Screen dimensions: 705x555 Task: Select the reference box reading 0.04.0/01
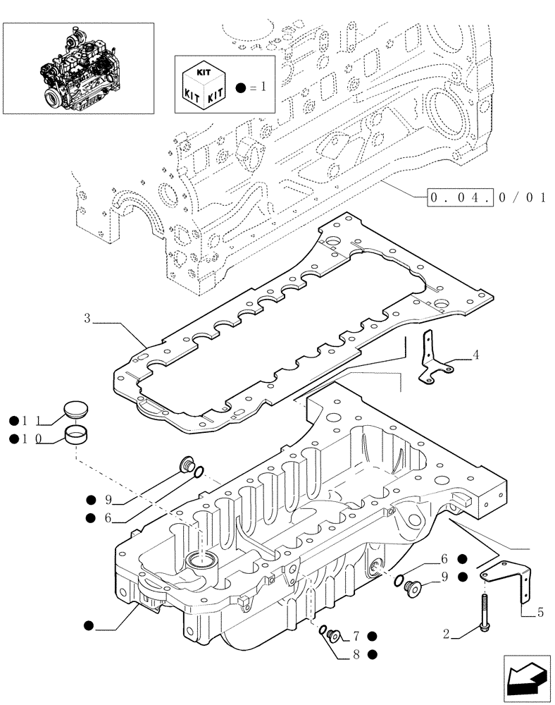[x=487, y=197]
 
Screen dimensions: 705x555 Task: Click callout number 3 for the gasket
[x=87, y=319]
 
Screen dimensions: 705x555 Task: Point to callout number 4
[x=476, y=355]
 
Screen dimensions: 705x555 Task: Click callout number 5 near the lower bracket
[x=540, y=613]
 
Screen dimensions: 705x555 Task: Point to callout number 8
[x=356, y=654]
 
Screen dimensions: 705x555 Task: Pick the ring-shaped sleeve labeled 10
[x=77, y=437]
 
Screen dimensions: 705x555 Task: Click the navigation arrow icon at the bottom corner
[x=526, y=677]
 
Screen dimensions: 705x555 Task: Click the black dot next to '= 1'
[x=242, y=88]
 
